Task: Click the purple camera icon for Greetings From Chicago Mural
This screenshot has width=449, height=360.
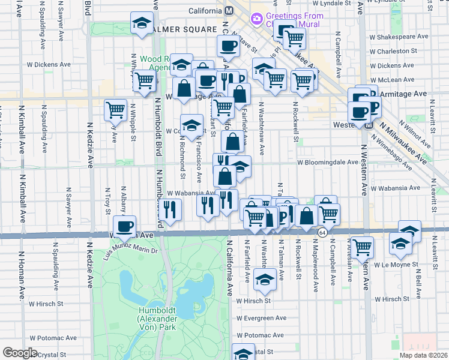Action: click(x=257, y=19)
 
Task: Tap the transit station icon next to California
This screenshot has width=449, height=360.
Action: click(x=229, y=11)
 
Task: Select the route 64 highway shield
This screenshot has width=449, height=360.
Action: click(x=322, y=232)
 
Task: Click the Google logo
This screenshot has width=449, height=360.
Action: click(x=20, y=353)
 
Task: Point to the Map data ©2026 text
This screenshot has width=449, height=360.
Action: click(x=424, y=355)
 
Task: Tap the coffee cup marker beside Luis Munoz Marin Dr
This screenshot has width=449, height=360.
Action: click(x=125, y=227)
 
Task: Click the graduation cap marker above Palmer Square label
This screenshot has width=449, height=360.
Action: click(x=142, y=24)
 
